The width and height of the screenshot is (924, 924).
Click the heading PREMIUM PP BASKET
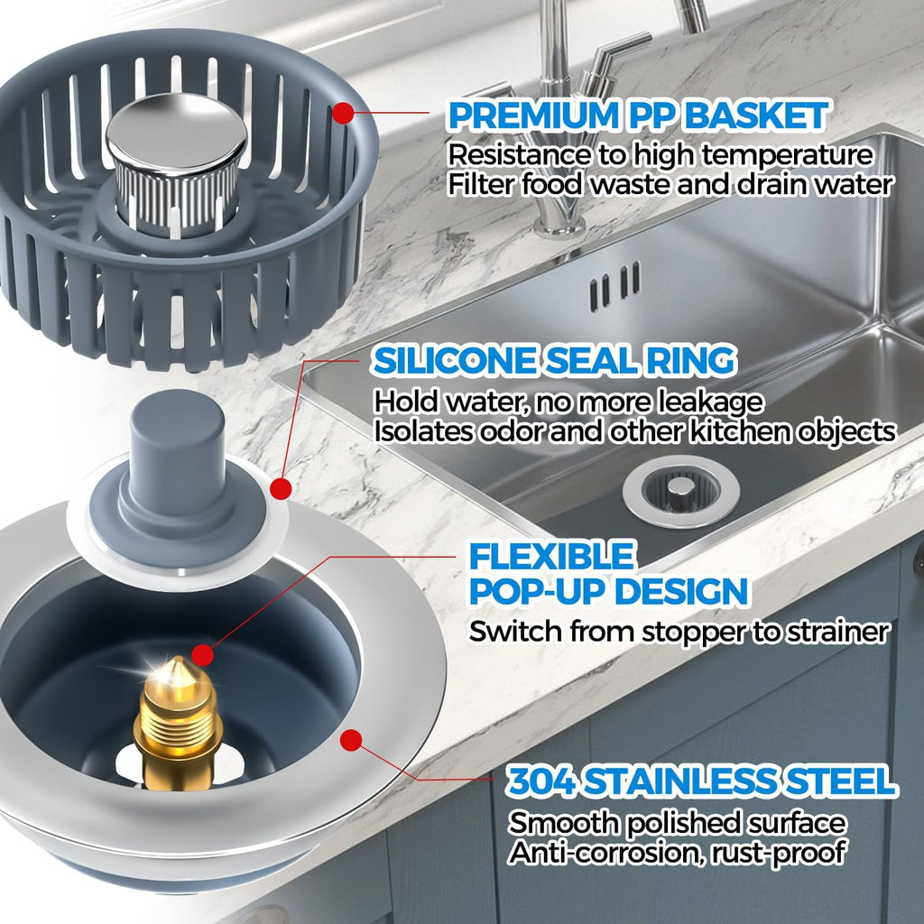click(637, 115)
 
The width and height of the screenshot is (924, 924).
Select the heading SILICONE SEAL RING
click(554, 361)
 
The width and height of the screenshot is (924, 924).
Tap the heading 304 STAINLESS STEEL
click(701, 781)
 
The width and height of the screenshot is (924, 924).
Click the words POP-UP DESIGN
click(607, 592)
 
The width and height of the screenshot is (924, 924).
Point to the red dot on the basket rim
click(343, 115)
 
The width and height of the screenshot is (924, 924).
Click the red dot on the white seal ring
click(281, 489)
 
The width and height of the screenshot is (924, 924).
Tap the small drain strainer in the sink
click(680, 490)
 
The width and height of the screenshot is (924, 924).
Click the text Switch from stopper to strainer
click(678, 632)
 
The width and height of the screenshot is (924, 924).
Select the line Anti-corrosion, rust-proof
click(677, 850)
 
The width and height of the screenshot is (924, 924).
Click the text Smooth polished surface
click(677, 822)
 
